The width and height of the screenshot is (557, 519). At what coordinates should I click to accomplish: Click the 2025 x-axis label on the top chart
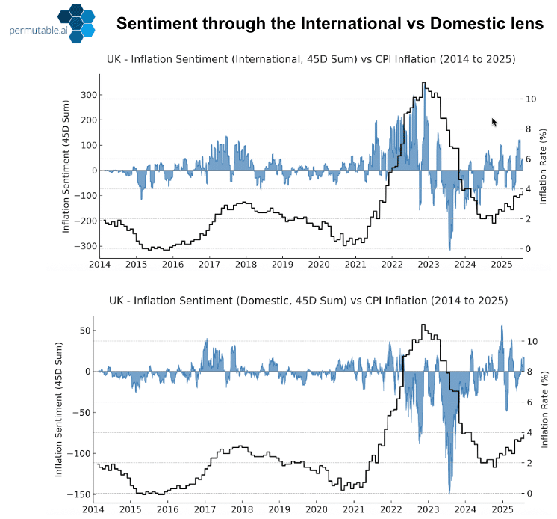pyautogui.click(x=501, y=265)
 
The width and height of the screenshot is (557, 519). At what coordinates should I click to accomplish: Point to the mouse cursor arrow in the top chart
pyautogui.click(x=494, y=122)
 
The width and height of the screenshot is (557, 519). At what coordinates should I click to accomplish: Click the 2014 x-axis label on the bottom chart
pyautogui.click(x=93, y=508)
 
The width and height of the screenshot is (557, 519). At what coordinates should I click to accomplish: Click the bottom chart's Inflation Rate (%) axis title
pyautogui.click(x=546, y=412)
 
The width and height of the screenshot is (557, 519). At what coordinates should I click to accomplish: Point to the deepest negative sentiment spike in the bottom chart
pyautogui.click(x=449, y=490)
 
